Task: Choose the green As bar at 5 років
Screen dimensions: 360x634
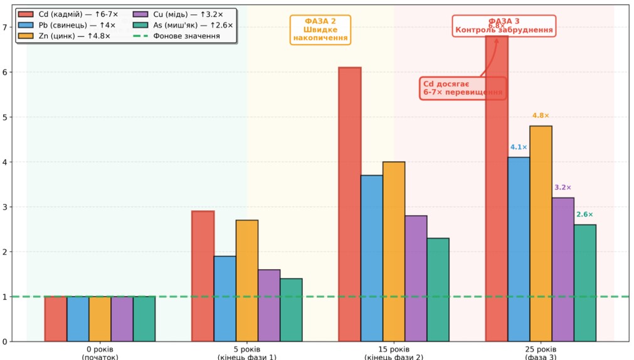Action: click(291, 310)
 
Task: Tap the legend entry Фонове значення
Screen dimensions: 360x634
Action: click(178, 36)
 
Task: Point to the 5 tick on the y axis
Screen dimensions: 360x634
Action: click(4, 117)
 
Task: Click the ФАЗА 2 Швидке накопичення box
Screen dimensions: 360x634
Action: click(320, 29)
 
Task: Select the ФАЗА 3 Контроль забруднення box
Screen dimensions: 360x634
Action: click(504, 26)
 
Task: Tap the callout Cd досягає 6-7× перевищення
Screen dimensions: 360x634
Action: click(463, 88)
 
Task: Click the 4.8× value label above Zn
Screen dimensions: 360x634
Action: click(541, 115)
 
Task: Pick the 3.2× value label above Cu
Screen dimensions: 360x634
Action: click(563, 188)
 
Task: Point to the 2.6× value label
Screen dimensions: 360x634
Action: click(584, 214)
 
